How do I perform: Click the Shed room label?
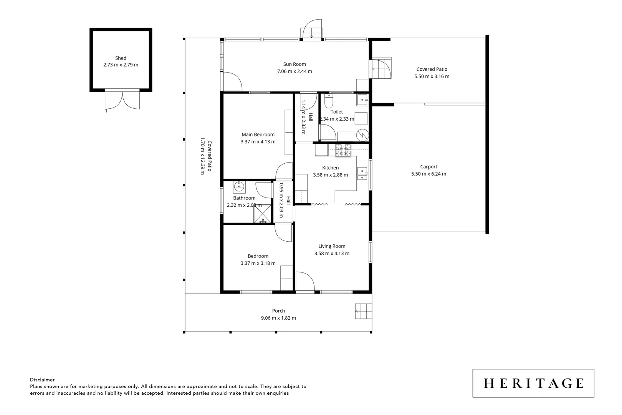(x=121, y=58)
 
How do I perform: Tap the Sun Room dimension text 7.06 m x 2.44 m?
(x=294, y=71)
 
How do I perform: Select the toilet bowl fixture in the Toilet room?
(x=329, y=102)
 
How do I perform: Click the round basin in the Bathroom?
(x=239, y=187)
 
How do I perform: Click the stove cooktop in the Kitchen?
(x=343, y=150)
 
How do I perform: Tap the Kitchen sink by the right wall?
(x=362, y=174)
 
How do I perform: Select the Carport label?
(x=428, y=167)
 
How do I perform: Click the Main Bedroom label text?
(x=258, y=134)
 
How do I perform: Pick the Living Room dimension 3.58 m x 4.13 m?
(x=332, y=254)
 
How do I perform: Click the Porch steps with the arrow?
(x=363, y=311)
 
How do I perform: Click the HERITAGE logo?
(x=533, y=383)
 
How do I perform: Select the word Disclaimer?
(x=43, y=380)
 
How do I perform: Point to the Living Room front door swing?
(x=305, y=281)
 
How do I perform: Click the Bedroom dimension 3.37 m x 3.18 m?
(x=258, y=264)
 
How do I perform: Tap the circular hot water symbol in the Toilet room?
(x=362, y=135)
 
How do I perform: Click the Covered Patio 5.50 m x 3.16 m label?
(x=432, y=73)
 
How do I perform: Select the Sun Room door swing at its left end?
(x=232, y=81)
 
